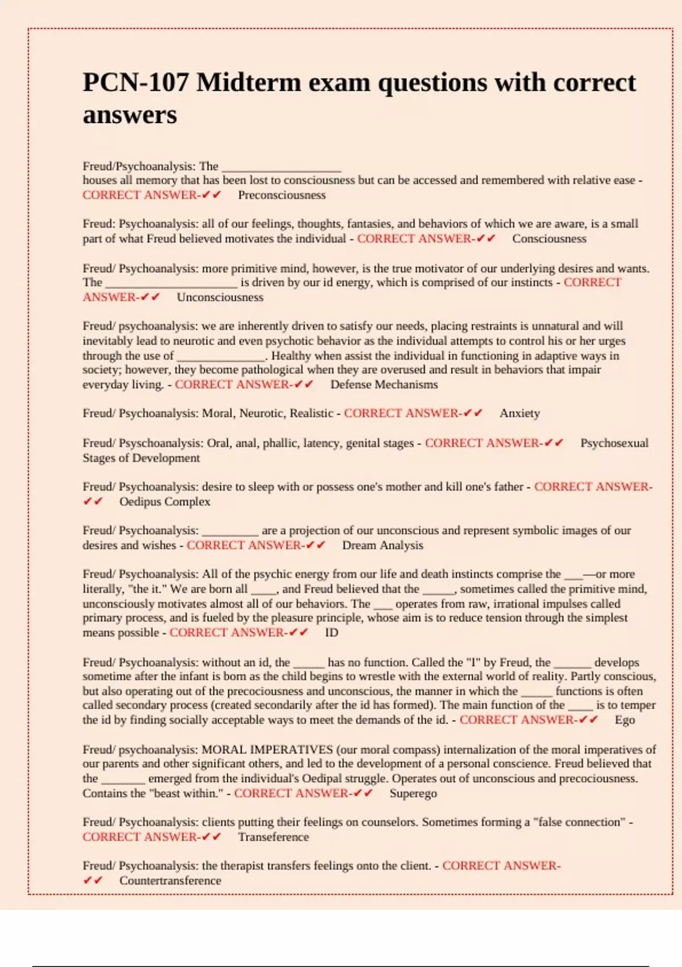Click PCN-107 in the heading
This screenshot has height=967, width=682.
[x=135, y=83]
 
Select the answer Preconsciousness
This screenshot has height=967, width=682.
[x=282, y=195]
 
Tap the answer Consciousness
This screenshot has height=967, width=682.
[x=549, y=239]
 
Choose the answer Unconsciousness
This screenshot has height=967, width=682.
[x=220, y=297]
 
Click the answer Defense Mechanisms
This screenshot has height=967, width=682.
[x=384, y=385]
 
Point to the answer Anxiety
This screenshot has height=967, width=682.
[x=519, y=414]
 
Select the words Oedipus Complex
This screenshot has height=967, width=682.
[x=165, y=502]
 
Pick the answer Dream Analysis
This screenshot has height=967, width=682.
[x=382, y=546]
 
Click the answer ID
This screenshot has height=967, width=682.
[x=331, y=633]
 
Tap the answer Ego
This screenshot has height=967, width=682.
[x=625, y=720]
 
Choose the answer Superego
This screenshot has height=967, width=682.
[x=413, y=794]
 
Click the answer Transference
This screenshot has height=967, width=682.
[x=273, y=837]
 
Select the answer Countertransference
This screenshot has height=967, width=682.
[x=170, y=881]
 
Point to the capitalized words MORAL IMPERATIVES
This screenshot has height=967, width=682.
[x=267, y=750]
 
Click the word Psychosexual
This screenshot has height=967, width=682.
[x=614, y=443]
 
